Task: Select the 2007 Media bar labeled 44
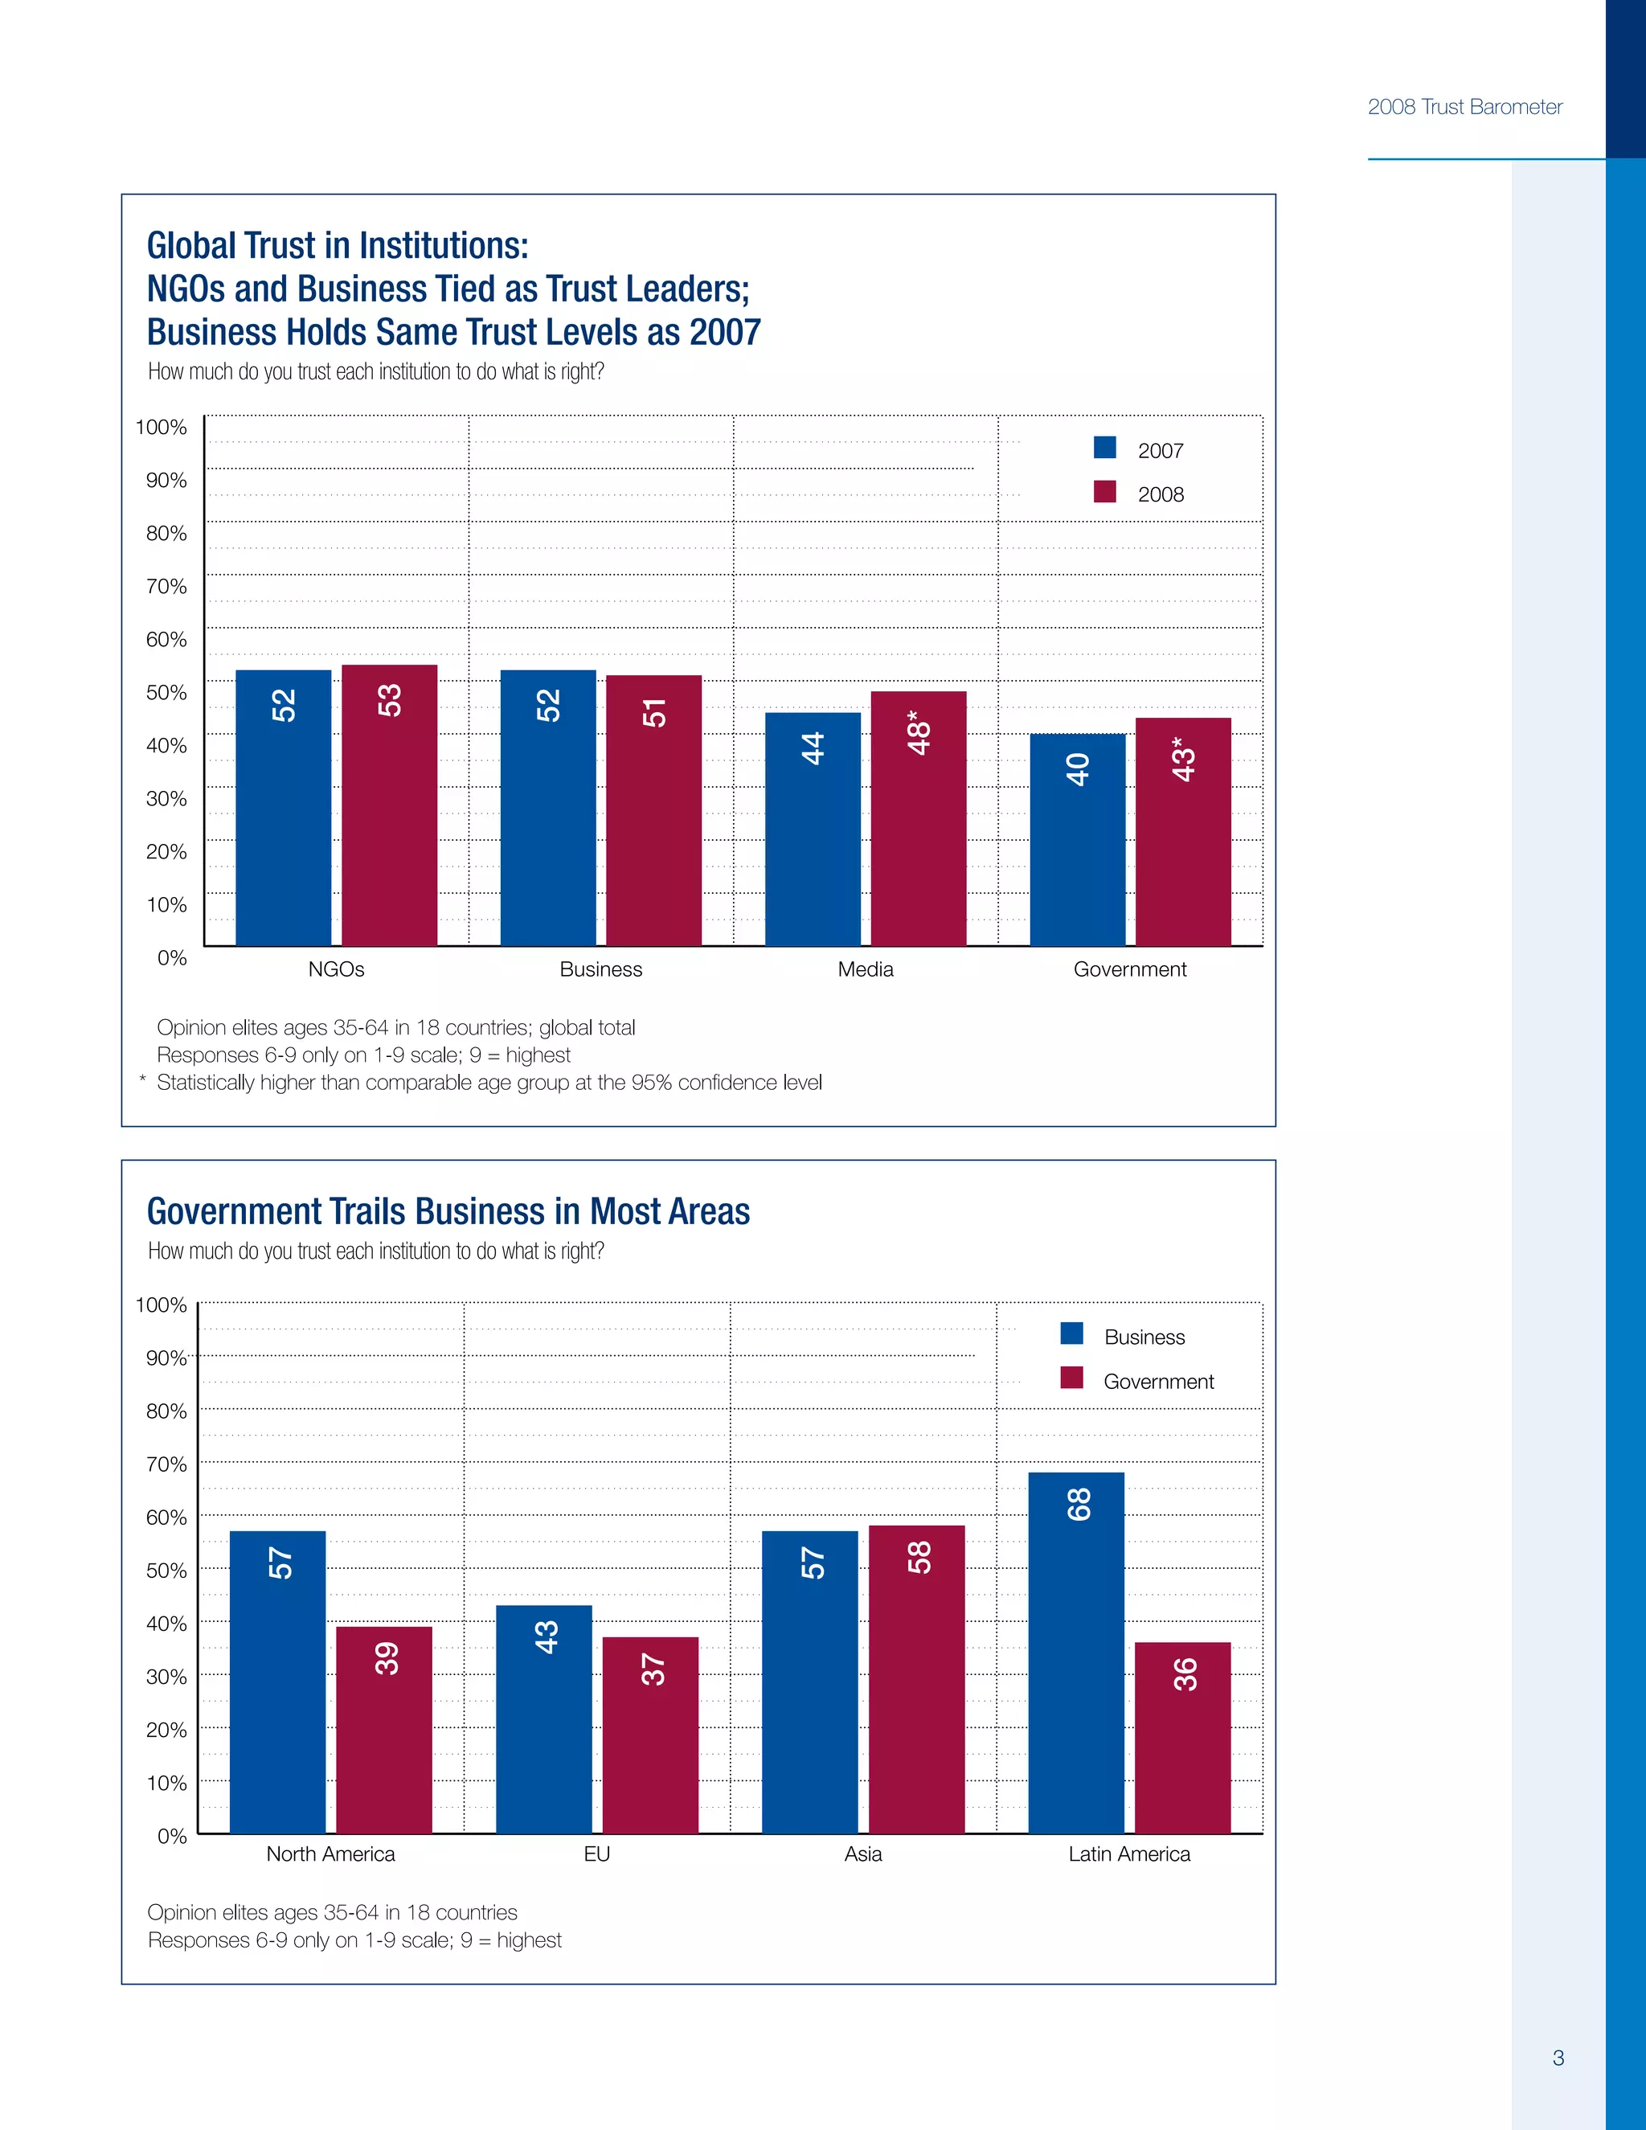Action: coord(813,829)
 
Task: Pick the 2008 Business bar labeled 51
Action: coord(653,809)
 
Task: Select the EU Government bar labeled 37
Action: coord(650,1735)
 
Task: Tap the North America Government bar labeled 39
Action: coord(384,1731)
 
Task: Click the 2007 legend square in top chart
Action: coord(1105,448)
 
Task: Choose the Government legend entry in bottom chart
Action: coord(1157,1381)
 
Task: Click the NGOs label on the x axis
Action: coord(337,969)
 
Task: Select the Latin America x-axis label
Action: coord(1129,1854)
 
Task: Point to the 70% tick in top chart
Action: coord(166,586)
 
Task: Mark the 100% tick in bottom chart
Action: coord(161,1305)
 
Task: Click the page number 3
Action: coord(1558,2058)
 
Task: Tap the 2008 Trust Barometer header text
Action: coord(1464,107)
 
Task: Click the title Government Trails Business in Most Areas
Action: coord(448,1211)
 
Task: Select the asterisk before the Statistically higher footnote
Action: coord(142,1079)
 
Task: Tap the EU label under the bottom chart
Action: coord(597,1854)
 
